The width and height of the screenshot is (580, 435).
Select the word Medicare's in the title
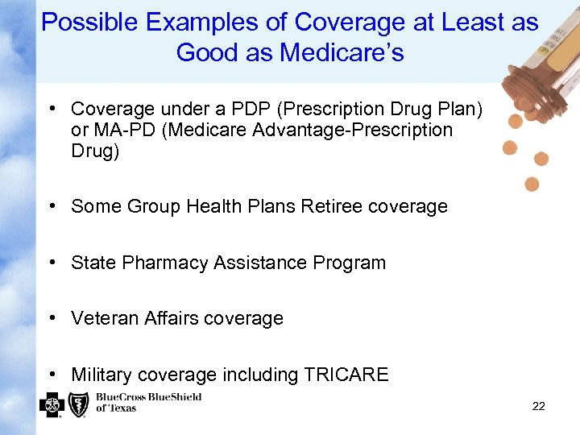pos(342,53)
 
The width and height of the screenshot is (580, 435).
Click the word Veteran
pos(103,318)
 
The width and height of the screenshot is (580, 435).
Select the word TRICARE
pos(346,375)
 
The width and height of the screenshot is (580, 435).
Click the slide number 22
pos(538,406)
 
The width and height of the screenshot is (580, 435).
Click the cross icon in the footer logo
pos(52,404)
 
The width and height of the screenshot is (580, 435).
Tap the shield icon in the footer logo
pos(78,404)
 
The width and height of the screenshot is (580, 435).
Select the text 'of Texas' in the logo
pos(116,408)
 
